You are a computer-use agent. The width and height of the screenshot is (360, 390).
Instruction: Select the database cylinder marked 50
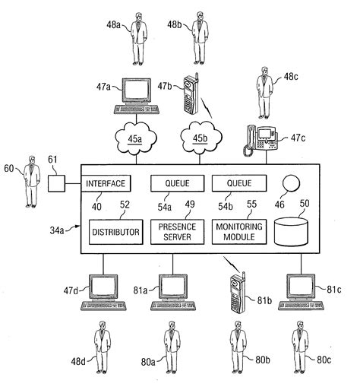coord(292,232)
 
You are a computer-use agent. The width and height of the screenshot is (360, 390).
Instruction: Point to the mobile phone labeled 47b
coord(191,94)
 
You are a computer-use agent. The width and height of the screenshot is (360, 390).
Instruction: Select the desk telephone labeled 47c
coord(261,140)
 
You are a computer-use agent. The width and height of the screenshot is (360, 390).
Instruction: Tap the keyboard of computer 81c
coord(302,306)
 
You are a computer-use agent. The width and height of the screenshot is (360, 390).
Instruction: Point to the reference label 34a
coord(57,230)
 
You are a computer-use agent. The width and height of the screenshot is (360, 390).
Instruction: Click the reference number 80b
coord(263,360)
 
